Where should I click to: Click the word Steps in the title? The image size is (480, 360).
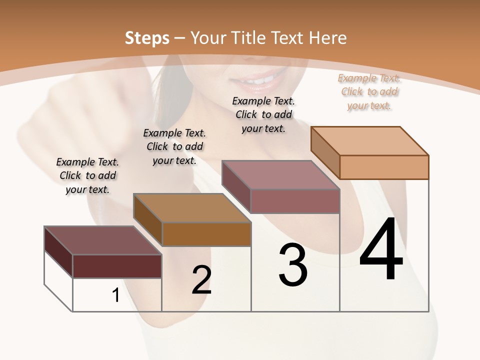147,38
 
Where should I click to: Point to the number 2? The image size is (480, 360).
201,280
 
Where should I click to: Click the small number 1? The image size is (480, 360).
115,295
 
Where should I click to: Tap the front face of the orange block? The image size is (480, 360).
384,167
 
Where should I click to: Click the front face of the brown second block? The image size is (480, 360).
206,234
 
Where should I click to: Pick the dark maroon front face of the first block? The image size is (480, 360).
117,266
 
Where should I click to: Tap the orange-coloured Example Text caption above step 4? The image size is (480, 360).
369,91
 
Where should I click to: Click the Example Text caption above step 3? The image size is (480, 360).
263,114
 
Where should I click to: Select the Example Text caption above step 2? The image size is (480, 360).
174,146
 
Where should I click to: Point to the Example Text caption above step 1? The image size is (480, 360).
87,175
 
